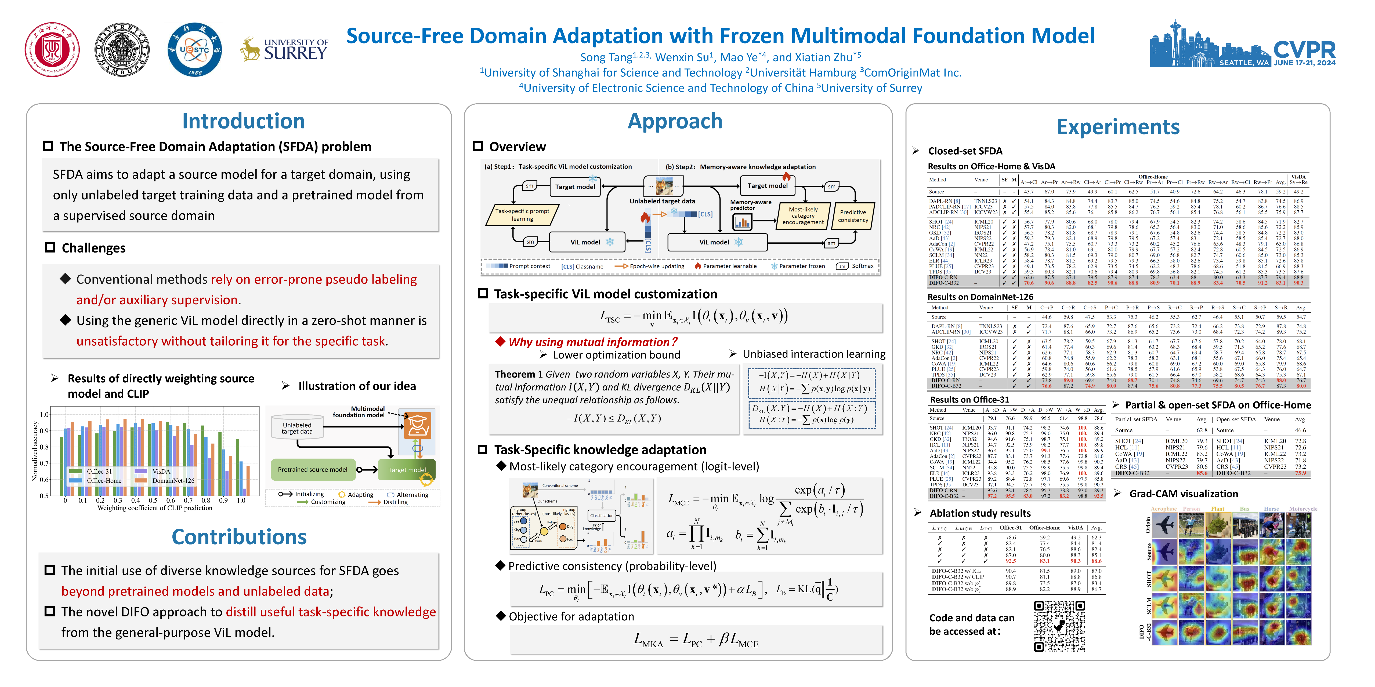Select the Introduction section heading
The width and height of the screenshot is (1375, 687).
click(x=243, y=121)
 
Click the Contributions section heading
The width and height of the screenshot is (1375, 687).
click(x=239, y=537)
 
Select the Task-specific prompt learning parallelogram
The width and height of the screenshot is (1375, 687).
click(x=522, y=215)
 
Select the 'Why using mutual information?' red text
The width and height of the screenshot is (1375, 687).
click(x=592, y=342)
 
